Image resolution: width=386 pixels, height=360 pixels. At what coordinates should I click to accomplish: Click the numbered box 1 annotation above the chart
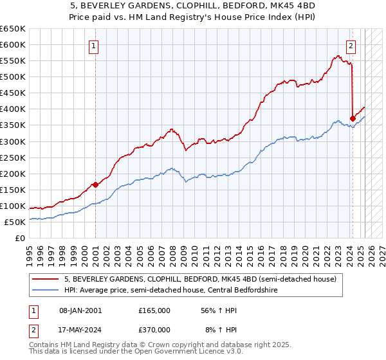[95, 46]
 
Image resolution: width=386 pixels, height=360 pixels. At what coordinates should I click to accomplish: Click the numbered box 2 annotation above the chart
[351, 46]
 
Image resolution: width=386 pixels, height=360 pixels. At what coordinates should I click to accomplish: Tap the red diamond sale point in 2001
[95, 184]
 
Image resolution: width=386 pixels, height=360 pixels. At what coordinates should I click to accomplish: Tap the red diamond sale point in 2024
[353, 118]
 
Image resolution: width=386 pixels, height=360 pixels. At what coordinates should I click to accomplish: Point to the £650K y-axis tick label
[13, 29]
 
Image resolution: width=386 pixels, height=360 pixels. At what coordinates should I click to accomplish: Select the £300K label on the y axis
[13, 141]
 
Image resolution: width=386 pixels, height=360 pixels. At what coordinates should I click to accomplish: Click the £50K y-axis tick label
[15, 222]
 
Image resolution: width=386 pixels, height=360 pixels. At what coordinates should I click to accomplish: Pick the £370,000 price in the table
[154, 329]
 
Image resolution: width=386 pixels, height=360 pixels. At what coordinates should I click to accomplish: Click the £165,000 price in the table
[154, 310]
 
